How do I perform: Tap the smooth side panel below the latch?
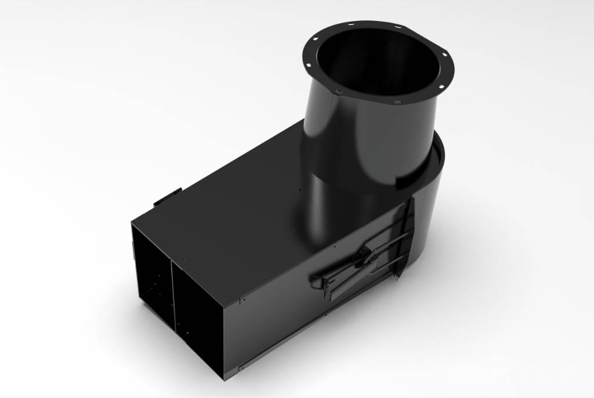pyautogui.click(x=290, y=325)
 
